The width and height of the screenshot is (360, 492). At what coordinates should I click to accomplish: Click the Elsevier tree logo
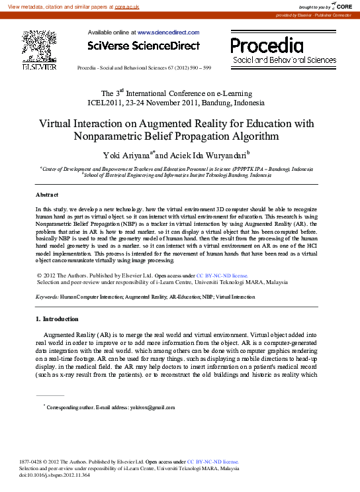pyautogui.click(x=39, y=46)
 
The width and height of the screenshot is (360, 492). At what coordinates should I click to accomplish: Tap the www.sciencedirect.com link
pyautogui.click(x=168, y=32)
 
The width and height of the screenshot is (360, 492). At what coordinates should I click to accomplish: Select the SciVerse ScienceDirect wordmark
pyautogui.click(x=144, y=46)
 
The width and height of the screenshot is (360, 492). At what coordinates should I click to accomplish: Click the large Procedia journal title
pyautogui.click(x=267, y=45)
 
